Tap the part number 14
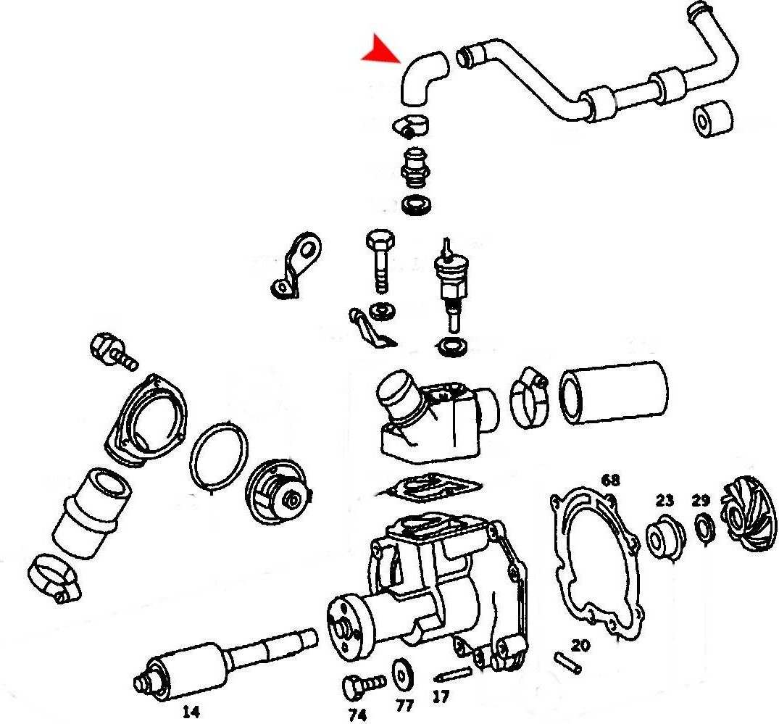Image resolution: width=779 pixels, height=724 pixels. click(x=191, y=712)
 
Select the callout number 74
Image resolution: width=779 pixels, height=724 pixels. click(x=357, y=715)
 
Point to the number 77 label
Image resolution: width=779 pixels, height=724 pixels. click(x=404, y=706)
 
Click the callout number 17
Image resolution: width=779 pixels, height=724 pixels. click(x=440, y=696)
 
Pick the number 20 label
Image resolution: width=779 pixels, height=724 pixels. click(x=580, y=646)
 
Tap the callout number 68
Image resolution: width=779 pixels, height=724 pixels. click(x=611, y=480)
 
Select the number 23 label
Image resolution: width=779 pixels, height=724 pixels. click(x=665, y=500)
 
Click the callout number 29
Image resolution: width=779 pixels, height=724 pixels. click(x=701, y=501)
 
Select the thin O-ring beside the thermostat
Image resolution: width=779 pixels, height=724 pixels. click(x=219, y=456)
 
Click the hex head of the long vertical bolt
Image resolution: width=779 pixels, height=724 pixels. click(x=380, y=241)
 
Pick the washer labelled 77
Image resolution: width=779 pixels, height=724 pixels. click(x=401, y=672)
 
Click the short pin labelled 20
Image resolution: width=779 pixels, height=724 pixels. click(x=567, y=663)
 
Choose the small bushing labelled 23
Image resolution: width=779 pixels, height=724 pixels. click(x=665, y=537)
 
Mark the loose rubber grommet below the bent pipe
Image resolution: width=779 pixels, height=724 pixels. click(x=712, y=118)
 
